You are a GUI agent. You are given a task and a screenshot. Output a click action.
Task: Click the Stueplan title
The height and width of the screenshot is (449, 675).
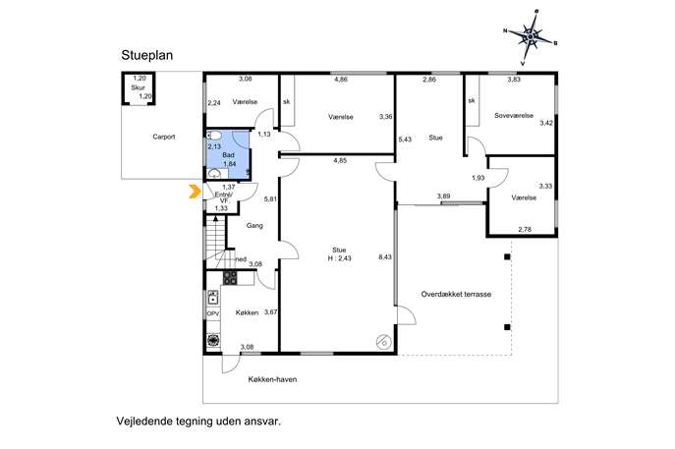coord(146,56)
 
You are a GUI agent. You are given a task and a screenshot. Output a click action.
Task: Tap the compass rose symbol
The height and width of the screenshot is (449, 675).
coord(531,37)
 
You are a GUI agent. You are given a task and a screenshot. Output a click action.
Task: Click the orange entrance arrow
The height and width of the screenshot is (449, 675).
coord(195,192)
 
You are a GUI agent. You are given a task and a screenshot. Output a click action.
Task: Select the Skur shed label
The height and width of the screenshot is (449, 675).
coord(139,87)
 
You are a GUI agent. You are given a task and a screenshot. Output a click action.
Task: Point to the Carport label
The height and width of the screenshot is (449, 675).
coord(164,137)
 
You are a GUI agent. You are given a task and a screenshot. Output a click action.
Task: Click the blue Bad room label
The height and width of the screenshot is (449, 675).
coord(228,155)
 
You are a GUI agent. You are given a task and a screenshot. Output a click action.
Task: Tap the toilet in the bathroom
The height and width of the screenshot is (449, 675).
coord(214,136)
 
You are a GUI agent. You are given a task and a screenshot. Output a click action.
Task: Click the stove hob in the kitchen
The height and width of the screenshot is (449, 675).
coord(230,278)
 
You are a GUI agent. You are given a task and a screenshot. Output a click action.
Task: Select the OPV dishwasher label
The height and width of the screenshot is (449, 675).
coord(213,313)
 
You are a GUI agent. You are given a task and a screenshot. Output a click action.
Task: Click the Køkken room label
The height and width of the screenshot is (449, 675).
coord(247,312)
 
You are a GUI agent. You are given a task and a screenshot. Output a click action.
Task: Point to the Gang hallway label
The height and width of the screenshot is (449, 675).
coord(254,226)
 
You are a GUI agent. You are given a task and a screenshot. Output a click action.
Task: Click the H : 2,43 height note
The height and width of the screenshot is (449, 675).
coord(339,258)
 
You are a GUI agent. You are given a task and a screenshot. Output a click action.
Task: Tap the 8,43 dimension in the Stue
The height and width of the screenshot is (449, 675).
coord(385,257)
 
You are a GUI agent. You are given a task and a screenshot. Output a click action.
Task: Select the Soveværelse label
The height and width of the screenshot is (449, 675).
coord(514,115)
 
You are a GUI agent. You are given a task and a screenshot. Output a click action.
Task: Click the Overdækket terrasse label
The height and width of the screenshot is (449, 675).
coord(456,295)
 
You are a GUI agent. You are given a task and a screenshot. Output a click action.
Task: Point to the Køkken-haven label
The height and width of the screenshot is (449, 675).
coord(272,379)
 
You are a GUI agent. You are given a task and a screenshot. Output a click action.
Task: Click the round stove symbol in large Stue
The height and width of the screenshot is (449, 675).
coord(383,342)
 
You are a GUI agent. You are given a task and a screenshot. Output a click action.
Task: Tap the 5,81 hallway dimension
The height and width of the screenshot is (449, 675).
coord(270,199)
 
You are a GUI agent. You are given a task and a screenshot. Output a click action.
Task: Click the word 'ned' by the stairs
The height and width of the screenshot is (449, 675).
coord(241,259)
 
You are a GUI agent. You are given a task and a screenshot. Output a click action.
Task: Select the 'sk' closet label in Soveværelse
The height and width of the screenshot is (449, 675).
coord(472,101)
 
